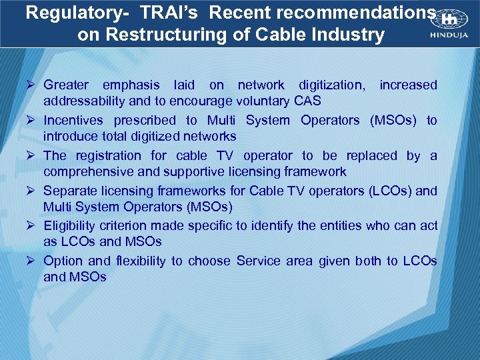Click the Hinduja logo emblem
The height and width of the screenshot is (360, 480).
point(441,21)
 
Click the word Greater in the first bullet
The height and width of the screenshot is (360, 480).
point(66,85)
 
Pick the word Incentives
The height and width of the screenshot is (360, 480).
point(73,120)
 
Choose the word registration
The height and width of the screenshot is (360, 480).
point(112,155)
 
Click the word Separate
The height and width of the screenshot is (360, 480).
point(69,191)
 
